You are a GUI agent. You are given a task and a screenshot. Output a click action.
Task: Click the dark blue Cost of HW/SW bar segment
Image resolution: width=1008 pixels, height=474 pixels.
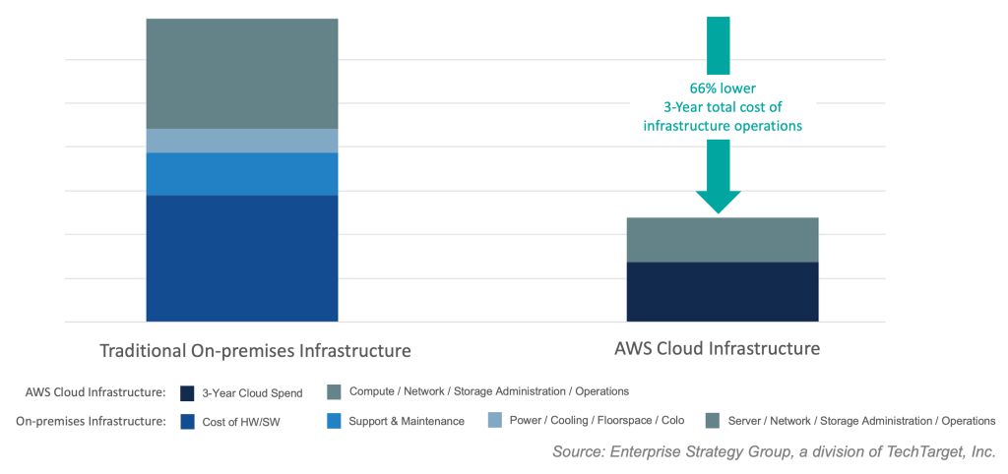pyautogui.click(x=241, y=258)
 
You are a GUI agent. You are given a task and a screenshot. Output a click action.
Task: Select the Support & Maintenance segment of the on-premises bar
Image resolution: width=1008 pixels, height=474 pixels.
pyautogui.click(x=241, y=174)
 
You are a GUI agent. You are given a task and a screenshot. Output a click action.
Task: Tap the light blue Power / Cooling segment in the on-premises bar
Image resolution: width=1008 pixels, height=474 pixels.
pyautogui.click(x=241, y=141)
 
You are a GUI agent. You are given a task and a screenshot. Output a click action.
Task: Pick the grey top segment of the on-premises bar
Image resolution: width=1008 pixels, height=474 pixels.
pyautogui.click(x=241, y=74)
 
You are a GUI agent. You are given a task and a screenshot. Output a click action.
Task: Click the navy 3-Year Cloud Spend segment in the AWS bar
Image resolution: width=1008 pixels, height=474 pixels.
pyautogui.click(x=723, y=291)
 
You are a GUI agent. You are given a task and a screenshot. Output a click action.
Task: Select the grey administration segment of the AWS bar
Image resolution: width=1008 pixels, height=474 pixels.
pyautogui.click(x=723, y=240)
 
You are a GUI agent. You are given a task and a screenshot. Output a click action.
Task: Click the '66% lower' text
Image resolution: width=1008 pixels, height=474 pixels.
pyautogui.click(x=723, y=88)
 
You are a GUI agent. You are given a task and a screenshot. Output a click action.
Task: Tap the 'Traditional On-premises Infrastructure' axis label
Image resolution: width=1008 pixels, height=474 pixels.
pyautogui.click(x=255, y=351)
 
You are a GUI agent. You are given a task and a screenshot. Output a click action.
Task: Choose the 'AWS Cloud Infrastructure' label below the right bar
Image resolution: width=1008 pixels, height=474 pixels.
pyautogui.click(x=717, y=349)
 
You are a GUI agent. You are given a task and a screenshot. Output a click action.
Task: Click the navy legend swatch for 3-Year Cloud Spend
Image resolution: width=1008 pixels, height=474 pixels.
pyautogui.click(x=186, y=392)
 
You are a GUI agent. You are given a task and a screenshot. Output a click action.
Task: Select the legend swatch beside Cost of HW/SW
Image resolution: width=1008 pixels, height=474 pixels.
pyautogui.click(x=186, y=421)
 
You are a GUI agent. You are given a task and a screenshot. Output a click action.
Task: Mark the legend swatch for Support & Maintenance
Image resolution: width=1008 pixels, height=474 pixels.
pyautogui.click(x=334, y=421)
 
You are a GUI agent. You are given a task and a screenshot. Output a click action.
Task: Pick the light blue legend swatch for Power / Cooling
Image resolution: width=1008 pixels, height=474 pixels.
pyautogui.click(x=494, y=421)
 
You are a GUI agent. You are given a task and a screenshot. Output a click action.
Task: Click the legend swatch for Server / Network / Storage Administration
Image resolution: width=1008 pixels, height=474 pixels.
pyautogui.click(x=713, y=421)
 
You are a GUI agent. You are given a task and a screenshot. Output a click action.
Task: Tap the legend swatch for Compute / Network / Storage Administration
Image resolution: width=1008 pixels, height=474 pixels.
pyautogui.click(x=334, y=392)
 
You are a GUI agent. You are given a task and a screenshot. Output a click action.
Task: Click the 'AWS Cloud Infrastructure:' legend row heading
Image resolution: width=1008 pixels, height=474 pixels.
pyautogui.click(x=95, y=392)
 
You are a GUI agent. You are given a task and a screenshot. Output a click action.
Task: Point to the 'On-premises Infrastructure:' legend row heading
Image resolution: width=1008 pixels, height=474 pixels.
pyautogui.click(x=91, y=421)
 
